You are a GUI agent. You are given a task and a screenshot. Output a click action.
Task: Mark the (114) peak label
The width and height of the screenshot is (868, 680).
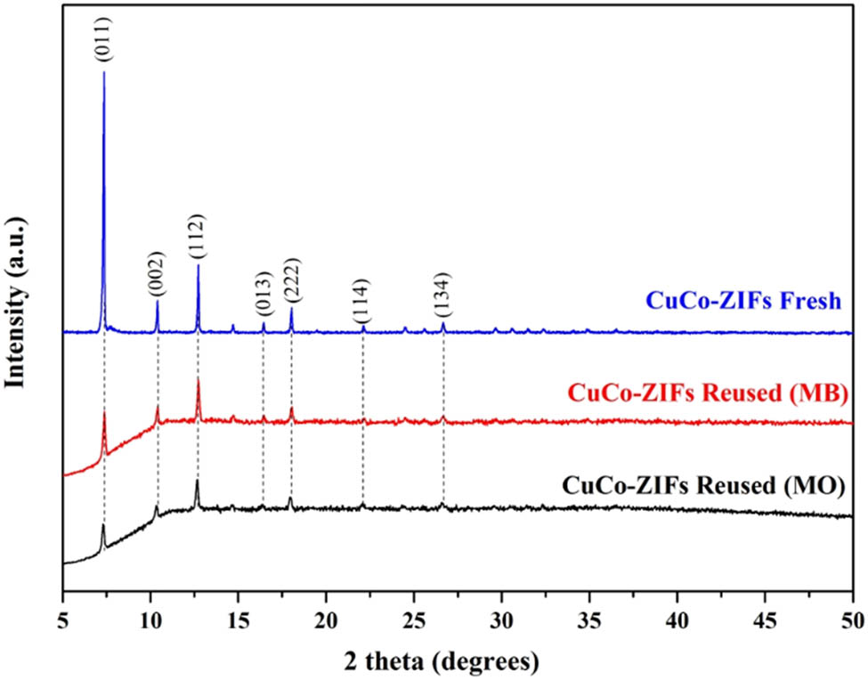pyautogui.click(x=362, y=301)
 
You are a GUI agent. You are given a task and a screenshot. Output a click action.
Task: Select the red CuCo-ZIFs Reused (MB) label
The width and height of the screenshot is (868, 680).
pyautogui.click(x=704, y=393)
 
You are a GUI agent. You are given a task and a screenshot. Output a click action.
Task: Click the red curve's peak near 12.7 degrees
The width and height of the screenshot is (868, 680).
pyautogui.click(x=198, y=380)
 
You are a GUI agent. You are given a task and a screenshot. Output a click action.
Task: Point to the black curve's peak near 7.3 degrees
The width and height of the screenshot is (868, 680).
pyautogui.click(x=103, y=525)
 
